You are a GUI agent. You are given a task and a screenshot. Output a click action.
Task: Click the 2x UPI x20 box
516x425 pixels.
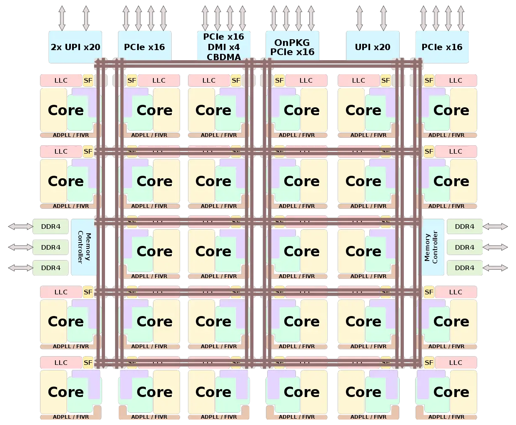(x=75, y=47)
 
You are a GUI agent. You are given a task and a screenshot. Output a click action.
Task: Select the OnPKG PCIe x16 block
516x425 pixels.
(x=292, y=47)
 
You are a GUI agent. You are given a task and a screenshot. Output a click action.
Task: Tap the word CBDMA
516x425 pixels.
(x=224, y=57)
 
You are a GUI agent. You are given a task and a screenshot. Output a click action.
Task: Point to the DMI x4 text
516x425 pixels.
(x=224, y=47)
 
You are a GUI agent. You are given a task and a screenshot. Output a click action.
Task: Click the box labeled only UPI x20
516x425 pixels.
(x=373, y=47)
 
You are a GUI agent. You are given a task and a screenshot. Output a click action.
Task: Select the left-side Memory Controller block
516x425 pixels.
(x=84, y=247)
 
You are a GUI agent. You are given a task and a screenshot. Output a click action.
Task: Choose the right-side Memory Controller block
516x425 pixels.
(x=431, y=247)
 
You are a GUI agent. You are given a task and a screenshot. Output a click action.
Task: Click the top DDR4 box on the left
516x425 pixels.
(x=50, y=227)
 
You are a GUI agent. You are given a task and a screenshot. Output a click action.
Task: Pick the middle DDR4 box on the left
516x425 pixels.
(x=50, y=247)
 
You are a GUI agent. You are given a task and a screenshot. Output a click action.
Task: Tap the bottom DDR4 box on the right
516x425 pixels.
(x=464, y=268)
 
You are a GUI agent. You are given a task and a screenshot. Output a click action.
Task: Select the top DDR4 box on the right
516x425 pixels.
(x=464, y=227)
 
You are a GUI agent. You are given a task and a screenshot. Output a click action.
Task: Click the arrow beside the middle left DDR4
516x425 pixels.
(x=20, y=247)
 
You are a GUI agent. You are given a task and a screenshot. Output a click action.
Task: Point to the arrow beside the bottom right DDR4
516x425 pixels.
(x=495, y=268)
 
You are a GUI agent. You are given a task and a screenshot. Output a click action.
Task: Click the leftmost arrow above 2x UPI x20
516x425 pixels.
(x=62, y=18)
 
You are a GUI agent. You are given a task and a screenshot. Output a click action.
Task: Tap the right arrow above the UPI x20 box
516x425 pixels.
(x=383, y=18)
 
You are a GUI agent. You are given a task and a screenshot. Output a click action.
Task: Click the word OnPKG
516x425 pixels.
(x=292, y=43)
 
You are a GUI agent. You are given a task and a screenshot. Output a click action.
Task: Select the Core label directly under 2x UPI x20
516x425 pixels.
(x=66, y=110)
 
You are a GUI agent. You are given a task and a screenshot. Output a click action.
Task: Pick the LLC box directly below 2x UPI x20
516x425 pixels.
(x=61, y=81)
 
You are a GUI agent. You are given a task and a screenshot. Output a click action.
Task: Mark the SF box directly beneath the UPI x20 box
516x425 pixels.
(x=386, y=81)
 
